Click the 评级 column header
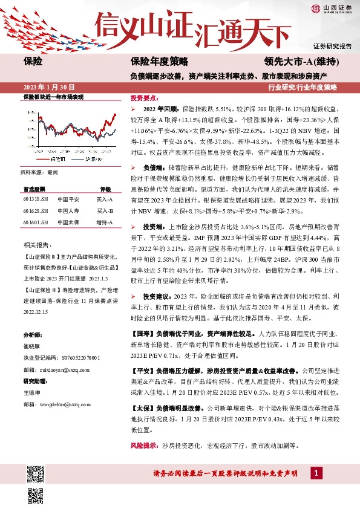(x=105, y=188)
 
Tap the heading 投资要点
(x=144, y=97)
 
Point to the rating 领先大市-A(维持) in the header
(x=301, y=62)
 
